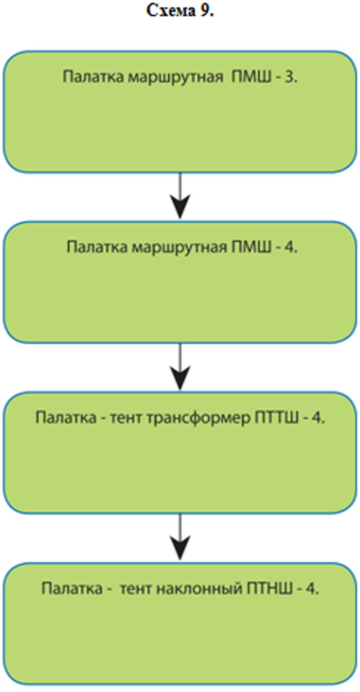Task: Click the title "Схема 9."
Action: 179,11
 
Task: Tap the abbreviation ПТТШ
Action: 272,418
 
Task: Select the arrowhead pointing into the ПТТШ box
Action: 179,377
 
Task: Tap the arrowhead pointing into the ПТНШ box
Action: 179,548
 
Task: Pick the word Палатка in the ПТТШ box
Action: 66,418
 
